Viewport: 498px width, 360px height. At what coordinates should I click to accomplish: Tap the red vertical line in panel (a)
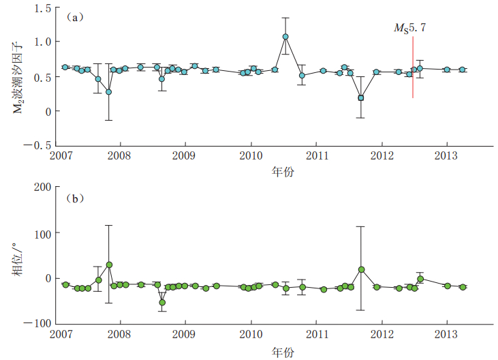pos(413,68)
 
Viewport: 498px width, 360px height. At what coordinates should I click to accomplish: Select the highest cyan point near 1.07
pos(285,37)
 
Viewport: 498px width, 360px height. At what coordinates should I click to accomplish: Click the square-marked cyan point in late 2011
pos(361,97)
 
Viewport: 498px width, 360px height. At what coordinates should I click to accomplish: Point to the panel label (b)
pos(76,198)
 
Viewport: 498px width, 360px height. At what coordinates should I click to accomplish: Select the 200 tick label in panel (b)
pos(44,187)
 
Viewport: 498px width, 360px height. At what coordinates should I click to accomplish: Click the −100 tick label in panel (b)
pos(40,323)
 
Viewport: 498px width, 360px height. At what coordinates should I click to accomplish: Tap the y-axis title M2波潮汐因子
pos(20,76)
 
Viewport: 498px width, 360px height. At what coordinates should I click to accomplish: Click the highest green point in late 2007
pos(109,265)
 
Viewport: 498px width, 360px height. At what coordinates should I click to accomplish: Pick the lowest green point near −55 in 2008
pos(162,302)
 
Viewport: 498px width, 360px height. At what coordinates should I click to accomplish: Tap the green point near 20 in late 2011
pos(361,269)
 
